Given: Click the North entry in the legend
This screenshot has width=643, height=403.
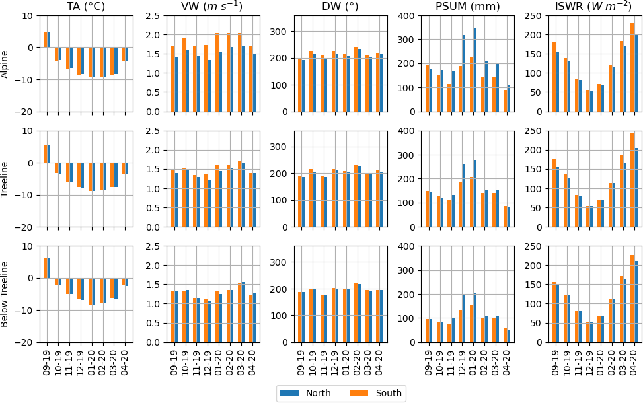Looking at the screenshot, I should [304, 393].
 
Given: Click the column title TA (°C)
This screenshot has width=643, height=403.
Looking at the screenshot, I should [86, 7].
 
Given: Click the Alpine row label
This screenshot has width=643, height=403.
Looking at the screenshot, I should [5, 63].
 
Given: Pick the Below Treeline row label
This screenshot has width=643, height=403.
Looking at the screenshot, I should [5, 294].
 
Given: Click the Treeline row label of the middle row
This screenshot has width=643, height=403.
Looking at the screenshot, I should [5, 179].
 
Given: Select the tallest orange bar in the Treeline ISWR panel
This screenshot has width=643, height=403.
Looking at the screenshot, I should [632, 180].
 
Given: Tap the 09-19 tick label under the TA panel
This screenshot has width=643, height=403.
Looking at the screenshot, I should [47, 361].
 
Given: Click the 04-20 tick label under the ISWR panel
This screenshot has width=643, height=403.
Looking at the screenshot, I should [634, 361].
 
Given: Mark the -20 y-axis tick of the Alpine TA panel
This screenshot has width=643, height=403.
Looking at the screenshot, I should [26, 112].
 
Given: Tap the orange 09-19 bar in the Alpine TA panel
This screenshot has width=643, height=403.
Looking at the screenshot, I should [45, 40].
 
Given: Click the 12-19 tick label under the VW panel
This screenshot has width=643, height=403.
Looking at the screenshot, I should [208, 361].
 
